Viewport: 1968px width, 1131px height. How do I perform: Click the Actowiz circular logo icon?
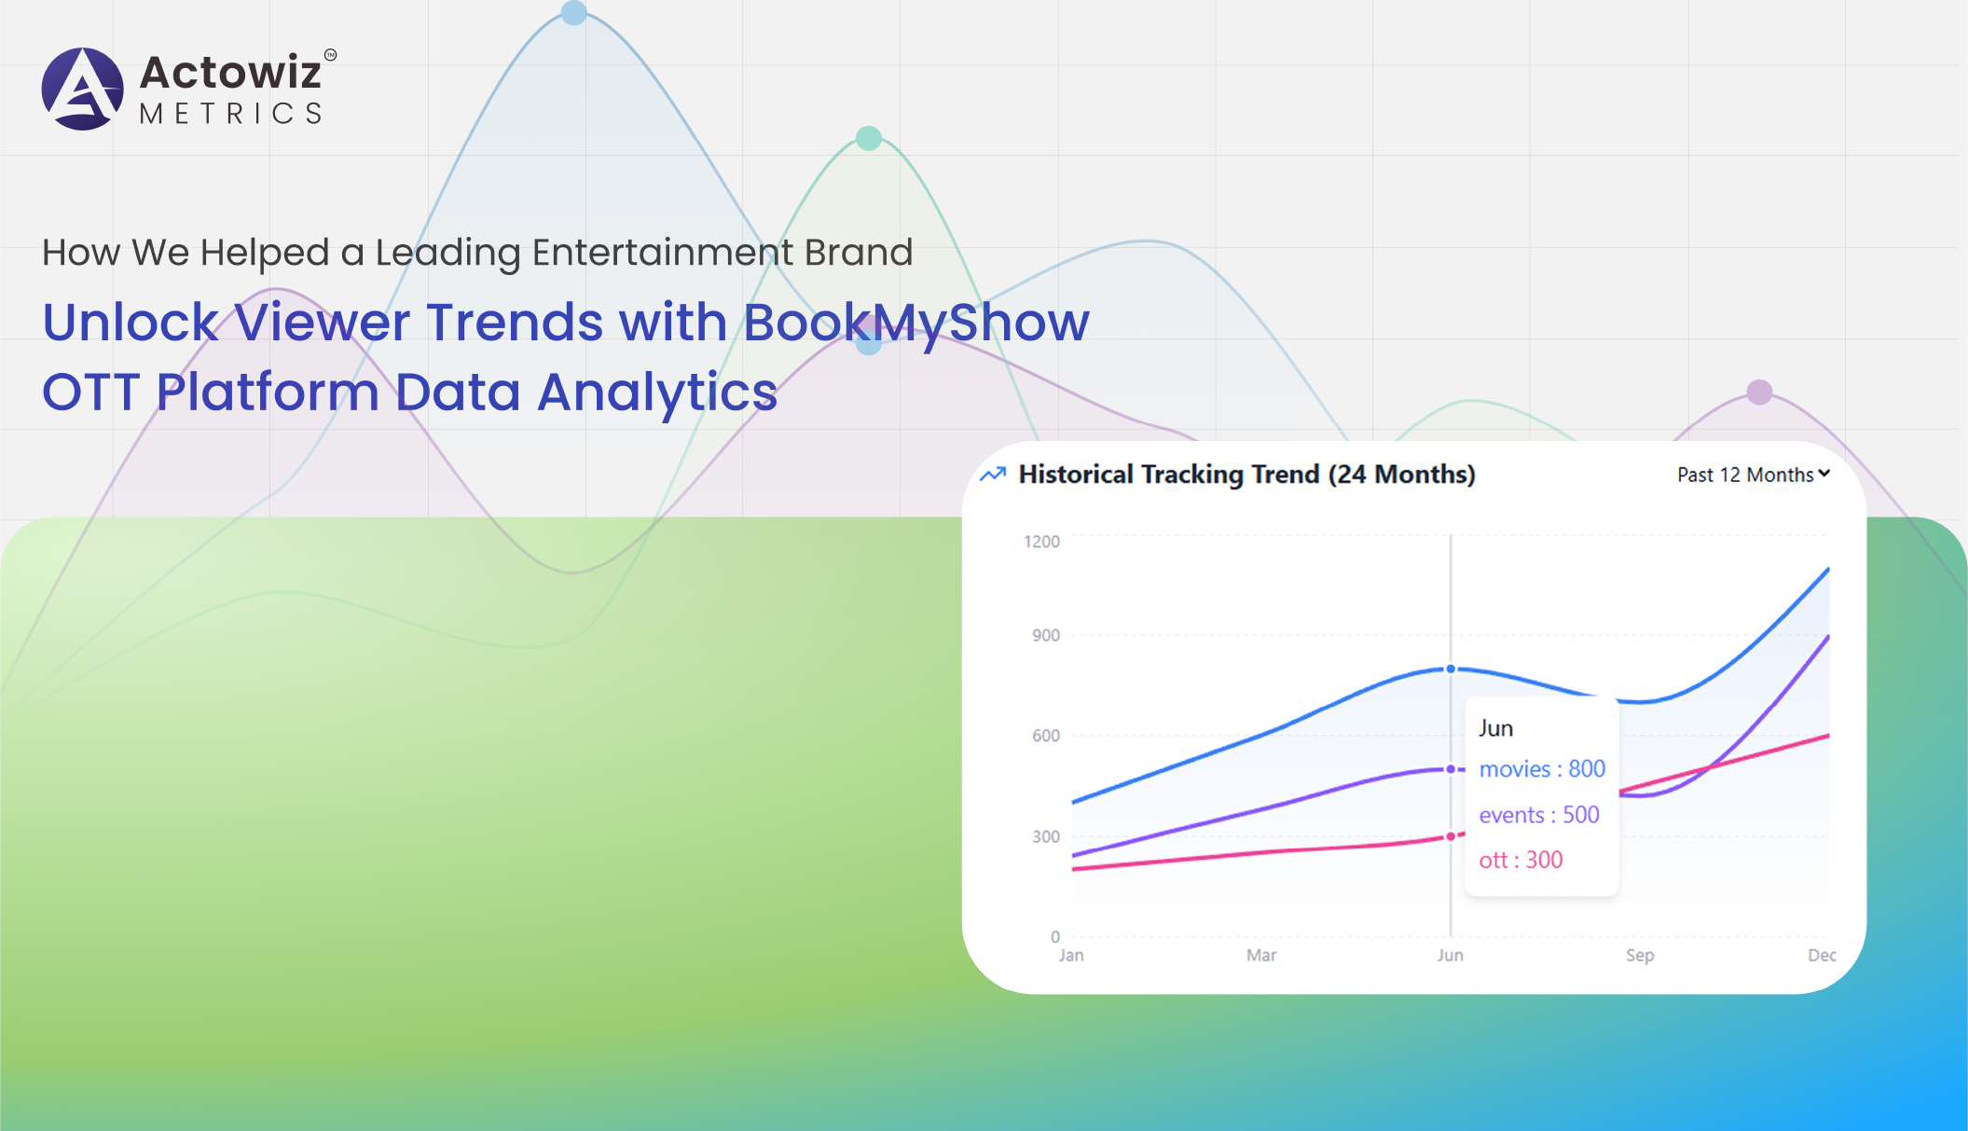point(82,89)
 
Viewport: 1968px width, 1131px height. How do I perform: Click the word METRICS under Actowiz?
point(231,114)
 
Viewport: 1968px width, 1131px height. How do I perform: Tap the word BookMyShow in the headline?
point(915,323)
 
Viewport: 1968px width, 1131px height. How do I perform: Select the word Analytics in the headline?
point(657,392)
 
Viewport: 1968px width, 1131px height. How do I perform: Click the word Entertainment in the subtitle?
point(662,253)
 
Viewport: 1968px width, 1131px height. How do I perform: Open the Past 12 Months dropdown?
point(1753,475)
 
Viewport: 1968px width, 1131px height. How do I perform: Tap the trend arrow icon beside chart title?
point(993,475)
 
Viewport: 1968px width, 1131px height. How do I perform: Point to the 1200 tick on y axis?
point(1041,542)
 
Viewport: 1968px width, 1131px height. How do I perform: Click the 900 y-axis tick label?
point(1045,636)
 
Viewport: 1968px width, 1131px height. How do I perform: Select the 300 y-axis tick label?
point(1045,836)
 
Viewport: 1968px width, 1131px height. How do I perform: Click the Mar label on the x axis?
point(1260,956)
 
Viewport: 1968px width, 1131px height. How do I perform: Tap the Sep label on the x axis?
point(1639,956)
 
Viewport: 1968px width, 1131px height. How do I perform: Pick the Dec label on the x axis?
point(1821,956)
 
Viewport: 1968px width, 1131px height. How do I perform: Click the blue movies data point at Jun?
point(1451,669)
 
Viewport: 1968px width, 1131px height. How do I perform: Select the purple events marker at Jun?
point(1451,769)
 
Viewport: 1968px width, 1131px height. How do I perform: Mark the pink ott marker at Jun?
point(1451,836)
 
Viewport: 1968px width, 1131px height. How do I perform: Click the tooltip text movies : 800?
point(1542,769)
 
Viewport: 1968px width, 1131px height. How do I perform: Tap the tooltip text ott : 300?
point(1521,860)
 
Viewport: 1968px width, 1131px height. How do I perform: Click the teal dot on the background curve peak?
point(869,138)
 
